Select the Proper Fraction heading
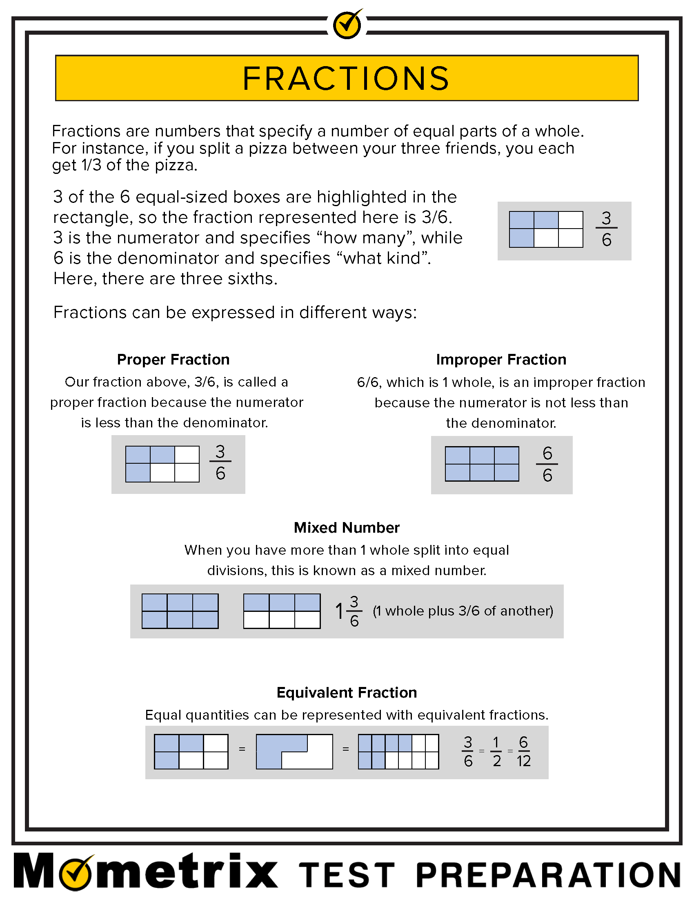(173, 359)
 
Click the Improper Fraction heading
(501, 359)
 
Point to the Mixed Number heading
(347, 527)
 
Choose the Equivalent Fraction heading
(347, 692)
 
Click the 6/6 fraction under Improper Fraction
(547, 464)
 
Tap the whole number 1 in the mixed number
(339, 611)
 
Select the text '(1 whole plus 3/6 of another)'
(463, 611)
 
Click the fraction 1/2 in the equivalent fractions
(496, 751)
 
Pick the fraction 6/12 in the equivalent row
(523, 751)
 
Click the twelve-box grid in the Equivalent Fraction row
(398, 751)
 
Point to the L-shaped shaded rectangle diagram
(294, 751)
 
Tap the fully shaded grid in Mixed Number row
(180, 611)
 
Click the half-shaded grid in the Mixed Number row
(282, 611)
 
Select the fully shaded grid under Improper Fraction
(482, 464)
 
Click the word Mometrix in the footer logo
(146, 872)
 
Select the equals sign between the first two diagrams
(242, 749)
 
